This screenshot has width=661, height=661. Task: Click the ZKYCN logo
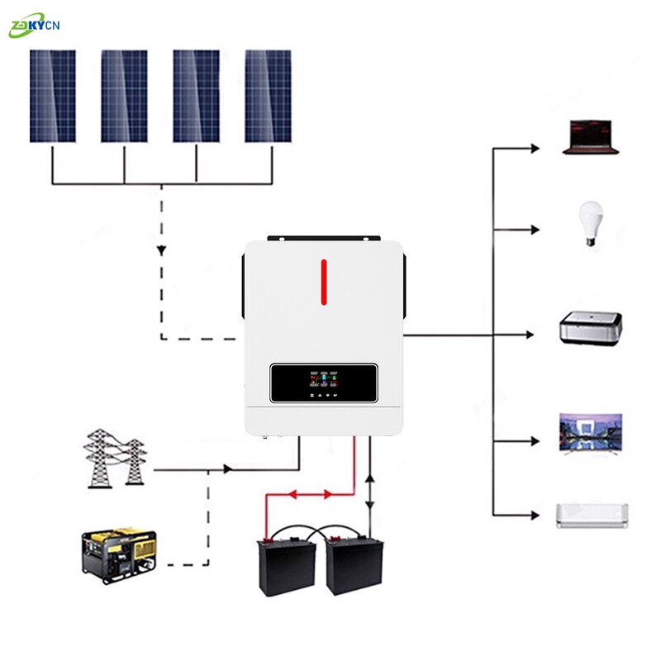(x=34, y=26)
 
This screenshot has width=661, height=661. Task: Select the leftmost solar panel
(x=52, y=96)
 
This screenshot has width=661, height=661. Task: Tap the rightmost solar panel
(x=268, y=96)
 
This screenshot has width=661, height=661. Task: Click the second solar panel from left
(x=124, y=96)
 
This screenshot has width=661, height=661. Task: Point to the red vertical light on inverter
(x=324, y=282)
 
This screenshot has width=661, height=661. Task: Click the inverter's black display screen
(x=324, y=383)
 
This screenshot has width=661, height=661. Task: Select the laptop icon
(x=590, y=138)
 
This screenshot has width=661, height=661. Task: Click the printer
(x=590, y=327)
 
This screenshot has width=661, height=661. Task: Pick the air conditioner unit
(x=592, y=515)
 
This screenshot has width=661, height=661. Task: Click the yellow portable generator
(x=120, y=552)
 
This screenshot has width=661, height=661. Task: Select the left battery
(x=287, y=564)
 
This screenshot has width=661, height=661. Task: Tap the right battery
(x=354, y=564)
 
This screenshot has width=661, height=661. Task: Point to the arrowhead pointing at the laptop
(x=535, y=149)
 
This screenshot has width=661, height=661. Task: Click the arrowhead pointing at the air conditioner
(x=535, y=515)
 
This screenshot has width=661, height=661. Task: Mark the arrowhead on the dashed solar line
(x=161, y=250)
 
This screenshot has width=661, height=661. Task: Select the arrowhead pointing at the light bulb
(x=535, y=229)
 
